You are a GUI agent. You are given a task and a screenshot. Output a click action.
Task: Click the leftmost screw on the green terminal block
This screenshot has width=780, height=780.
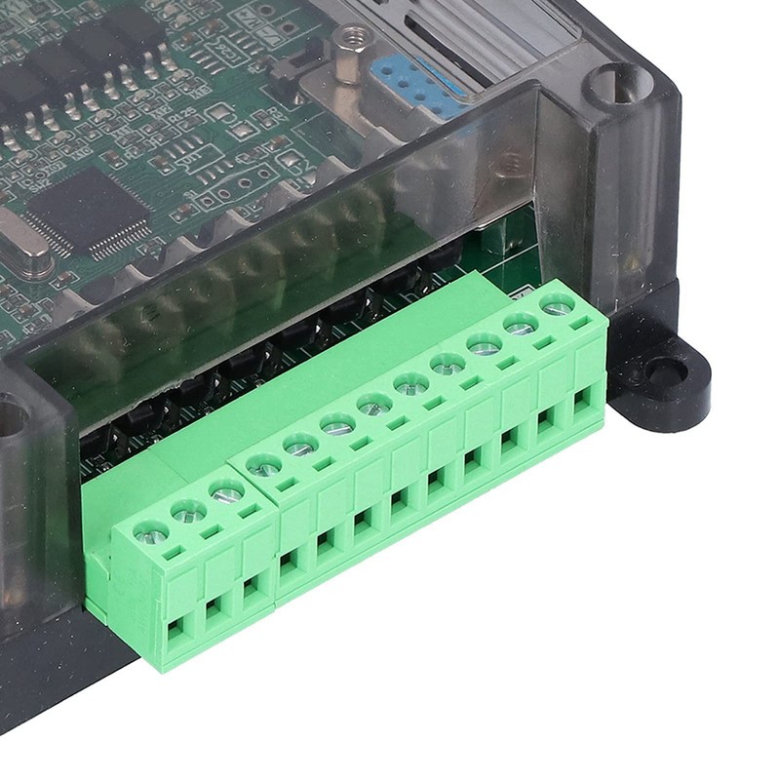pyautogui.click(x=151, y=531)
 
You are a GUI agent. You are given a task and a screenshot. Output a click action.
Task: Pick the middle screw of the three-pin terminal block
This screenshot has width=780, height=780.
pyautogui.click(x=189, y=510)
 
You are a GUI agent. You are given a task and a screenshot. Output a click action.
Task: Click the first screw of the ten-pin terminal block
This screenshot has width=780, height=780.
pyautogui.click(x=264, y=465)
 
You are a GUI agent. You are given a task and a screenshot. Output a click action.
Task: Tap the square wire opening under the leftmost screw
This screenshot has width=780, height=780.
pyautogui.click(x=176, y=633)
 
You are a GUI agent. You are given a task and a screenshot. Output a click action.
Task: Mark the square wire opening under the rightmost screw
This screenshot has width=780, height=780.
pyautogui.click(x=583, y=400)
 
